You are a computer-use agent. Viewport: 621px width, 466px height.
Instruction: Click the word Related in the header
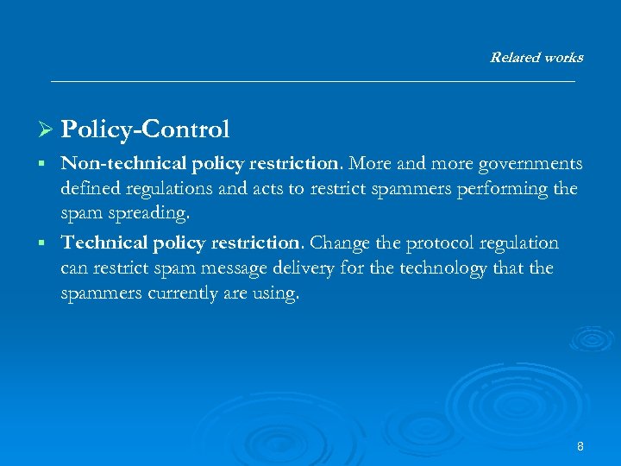[513, 58]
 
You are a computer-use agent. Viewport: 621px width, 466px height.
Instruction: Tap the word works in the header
[561, 58]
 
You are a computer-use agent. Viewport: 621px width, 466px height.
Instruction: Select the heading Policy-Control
[145, 129]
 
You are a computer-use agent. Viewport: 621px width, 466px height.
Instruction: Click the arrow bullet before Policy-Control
[47, 130]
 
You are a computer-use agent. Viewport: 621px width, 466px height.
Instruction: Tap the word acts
[285, 189]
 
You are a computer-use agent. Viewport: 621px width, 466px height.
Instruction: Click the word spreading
[140, 213]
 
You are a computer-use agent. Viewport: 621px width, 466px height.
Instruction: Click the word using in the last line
[278, 293]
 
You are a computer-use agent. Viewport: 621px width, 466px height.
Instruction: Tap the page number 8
[580, 446]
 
